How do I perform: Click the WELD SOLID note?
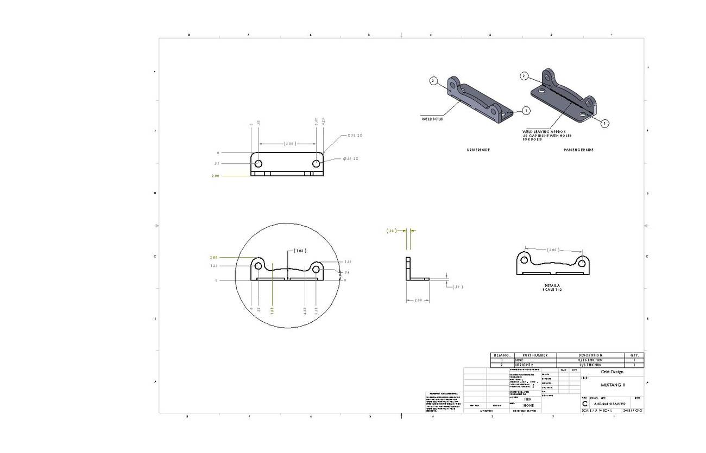tap(432, 119)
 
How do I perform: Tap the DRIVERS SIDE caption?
tap(478, 150)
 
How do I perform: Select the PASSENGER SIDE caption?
tap(578, 150)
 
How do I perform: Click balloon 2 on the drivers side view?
tap(433, 81)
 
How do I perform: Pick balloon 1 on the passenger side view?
tap(604, 123)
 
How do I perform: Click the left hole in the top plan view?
tap(259, 163)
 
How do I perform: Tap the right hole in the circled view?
tap(316, 267)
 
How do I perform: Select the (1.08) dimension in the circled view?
tap(300, 251)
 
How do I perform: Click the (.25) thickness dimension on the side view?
tap(391, 231)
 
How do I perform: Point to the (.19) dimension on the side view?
tap(458, 286)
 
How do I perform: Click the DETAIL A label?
tap(552, 285)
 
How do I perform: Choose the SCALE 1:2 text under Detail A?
tap(552, 290)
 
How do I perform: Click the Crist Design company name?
tap(612, 372)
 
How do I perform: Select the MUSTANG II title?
tap(612, 385)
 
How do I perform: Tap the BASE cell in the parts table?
tap(519, 360)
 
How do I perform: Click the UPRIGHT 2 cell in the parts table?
tap(524, 365)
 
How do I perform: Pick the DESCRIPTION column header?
tap(590, 355)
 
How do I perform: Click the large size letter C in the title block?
tap(584, 404)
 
